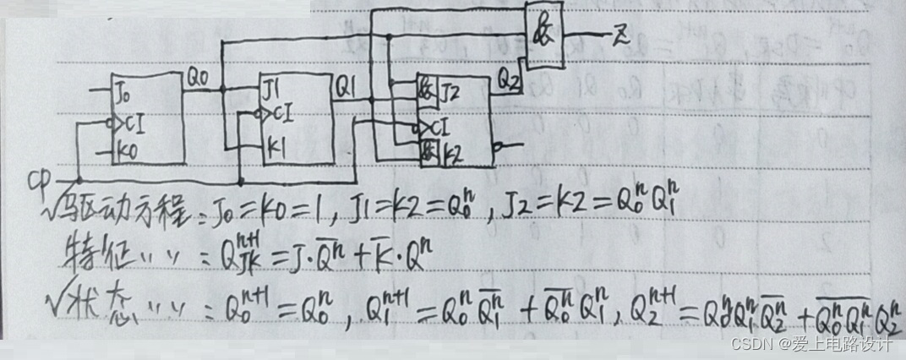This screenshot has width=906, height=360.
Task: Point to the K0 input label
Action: tap(125, 153)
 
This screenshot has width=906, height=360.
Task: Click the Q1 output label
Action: tap(347, 85)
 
